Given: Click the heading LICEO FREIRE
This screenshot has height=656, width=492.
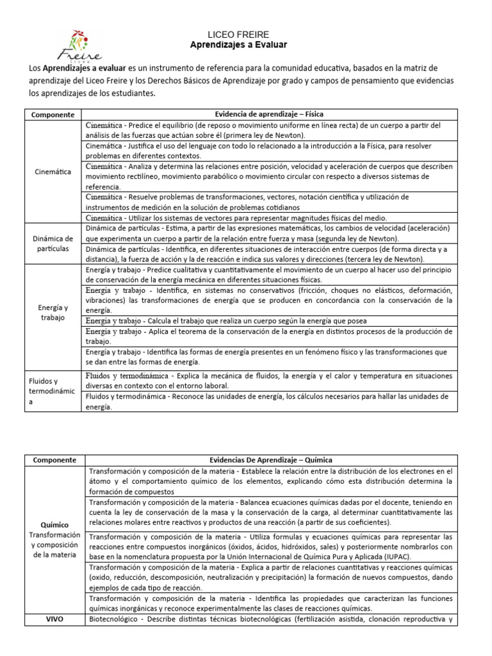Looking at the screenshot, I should pyautogui.click(x=238, y=34).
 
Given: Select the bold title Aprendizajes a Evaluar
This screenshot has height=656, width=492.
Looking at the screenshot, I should pyautogui.click(x=238, y=45).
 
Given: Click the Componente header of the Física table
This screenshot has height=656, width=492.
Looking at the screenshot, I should pyautogui.click(x=54, y=114).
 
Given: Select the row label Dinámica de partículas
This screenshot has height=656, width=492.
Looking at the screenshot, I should pyautogui.click(x=54, y=243).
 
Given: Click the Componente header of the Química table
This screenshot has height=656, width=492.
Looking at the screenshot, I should pyautogui.click(x=54, y=460).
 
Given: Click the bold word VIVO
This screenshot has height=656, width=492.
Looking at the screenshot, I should pyautogui.click(x=54, y=619).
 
